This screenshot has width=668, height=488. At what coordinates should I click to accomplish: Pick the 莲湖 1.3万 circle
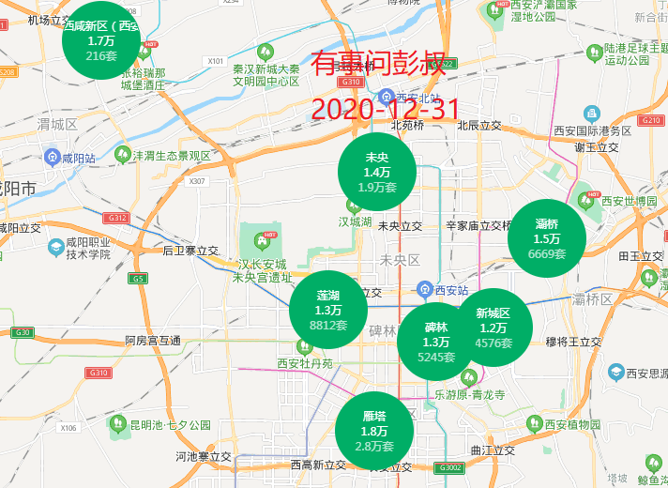[327, 310]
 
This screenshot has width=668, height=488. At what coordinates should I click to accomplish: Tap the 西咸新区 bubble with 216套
[100, 40]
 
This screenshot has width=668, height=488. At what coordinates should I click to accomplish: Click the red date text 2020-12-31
[385, 109]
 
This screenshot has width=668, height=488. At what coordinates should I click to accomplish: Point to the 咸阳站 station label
[77, 158]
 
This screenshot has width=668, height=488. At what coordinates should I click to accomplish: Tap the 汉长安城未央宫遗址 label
[264, 271]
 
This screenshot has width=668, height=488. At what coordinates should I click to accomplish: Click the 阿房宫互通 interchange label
[153, 341]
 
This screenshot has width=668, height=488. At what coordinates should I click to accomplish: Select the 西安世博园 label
[630, 201]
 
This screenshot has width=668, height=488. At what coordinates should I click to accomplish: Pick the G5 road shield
[139, 279]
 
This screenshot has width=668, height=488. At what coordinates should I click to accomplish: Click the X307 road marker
[197, 181]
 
